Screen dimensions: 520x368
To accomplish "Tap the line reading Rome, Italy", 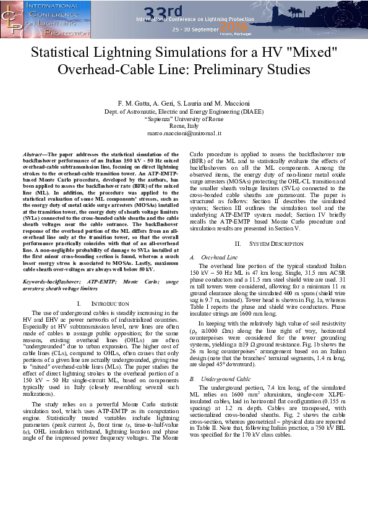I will (184, 125).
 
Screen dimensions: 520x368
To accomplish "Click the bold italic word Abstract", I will (36, 153).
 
